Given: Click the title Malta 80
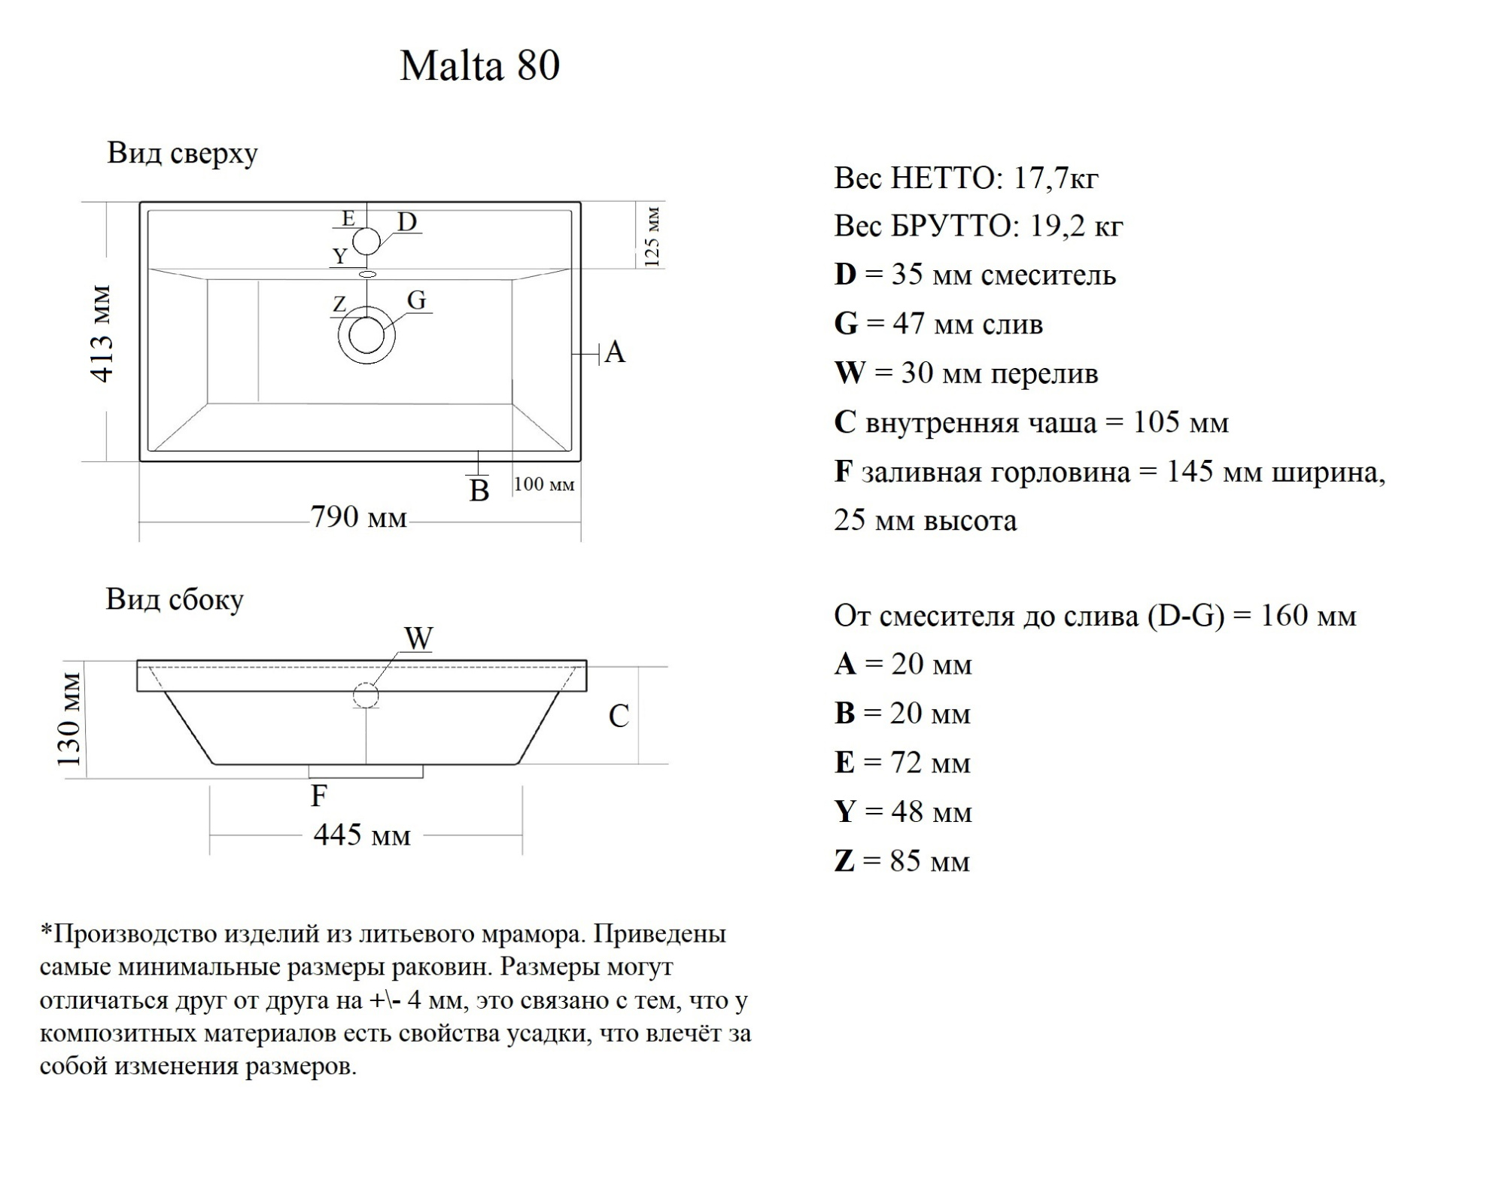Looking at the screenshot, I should (x=479, y=65).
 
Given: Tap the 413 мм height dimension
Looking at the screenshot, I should (x=102, y=333).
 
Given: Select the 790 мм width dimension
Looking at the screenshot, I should (x=358, y=518).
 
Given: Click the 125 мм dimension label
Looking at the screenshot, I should (x=652, y=236).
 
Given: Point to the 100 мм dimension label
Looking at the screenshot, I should (x=544, y=484).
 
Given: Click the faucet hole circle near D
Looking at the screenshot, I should (x=366, y=241).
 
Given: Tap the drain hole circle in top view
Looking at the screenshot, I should (x=366, y=335).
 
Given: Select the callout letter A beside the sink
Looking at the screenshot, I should (x=615, y=352).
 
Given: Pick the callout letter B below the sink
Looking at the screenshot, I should (x=479, y=491).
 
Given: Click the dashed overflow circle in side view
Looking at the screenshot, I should (x=366, y=695).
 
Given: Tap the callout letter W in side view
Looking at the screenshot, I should (x=418, y=639).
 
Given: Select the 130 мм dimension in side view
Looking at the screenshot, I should (x=69, y=720).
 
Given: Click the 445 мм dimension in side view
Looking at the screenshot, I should (x=362, y=835).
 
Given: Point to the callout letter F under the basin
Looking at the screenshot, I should (x=319, y=796).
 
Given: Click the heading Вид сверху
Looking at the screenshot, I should (x=182, y=153).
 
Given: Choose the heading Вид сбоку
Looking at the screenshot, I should (x=175, y=600).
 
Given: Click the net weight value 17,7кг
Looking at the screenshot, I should (x=1056, y=178).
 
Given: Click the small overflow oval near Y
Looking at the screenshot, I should (x=367, y=275).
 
